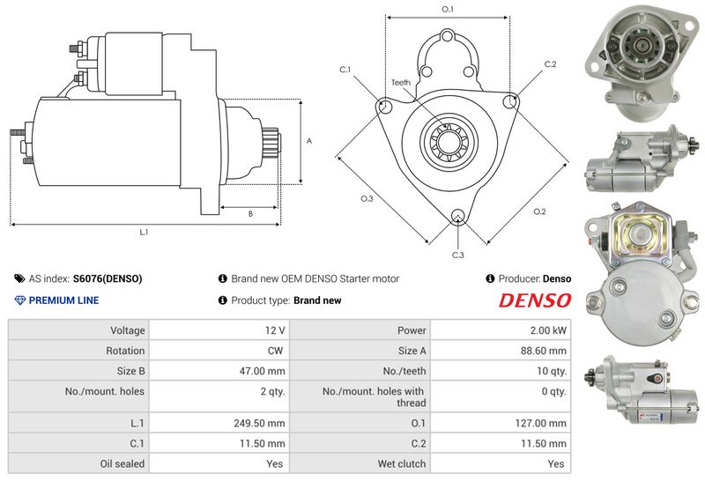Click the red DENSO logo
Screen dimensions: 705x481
(x=535, y=300)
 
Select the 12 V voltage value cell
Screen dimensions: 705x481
(x=275, y=330)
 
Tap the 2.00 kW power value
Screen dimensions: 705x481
(x=548, y=330)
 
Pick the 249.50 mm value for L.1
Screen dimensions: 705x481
(x=259, y=423)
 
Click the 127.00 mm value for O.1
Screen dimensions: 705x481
(x=540, y=423)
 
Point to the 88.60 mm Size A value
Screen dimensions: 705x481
(x=543, y=351)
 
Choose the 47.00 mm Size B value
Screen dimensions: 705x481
(x=262, y=371)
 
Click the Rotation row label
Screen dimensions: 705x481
(x=125, y=351)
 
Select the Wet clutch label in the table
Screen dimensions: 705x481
(x=402, y=463)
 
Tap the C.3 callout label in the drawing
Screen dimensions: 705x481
(x=457, y=255)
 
